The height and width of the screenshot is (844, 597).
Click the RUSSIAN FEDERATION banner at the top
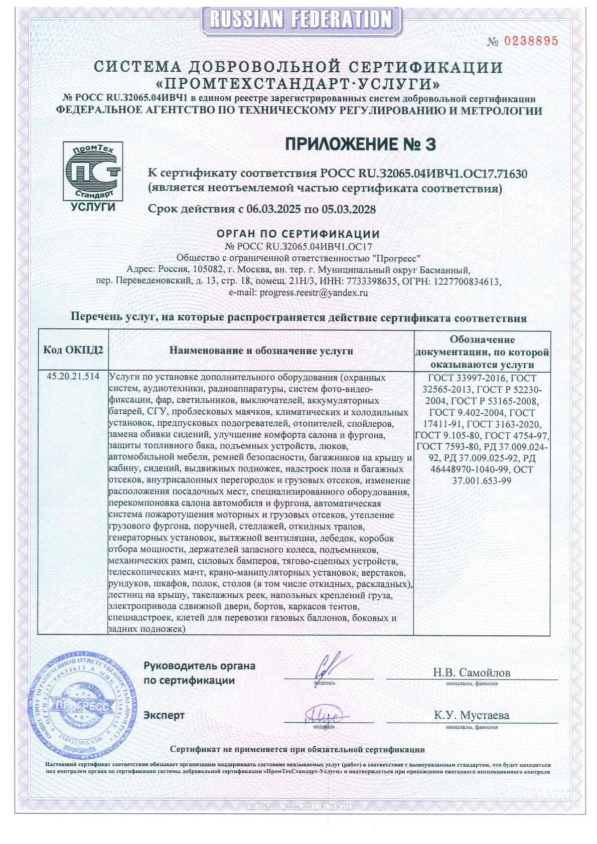(x=300, y=20)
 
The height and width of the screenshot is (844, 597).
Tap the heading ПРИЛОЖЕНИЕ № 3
(x=360, y=144)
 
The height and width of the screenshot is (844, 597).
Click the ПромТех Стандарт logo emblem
(x=92, y=171)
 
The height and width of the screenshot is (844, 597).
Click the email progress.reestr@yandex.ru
(x=314, y=292)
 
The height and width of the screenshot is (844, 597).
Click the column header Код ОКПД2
(x=73, y=350)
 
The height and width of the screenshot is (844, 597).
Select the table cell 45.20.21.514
(x=73, y=377)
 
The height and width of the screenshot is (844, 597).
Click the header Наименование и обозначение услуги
(x=261, y=351)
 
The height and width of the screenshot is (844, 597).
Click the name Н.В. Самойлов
(x=472, y=672)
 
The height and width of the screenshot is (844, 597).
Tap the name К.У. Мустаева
(x=472, y=715)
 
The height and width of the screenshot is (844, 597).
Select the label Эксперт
(x=164, y=715)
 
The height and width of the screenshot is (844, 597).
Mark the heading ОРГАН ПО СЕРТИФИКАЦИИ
(x=298, y=234)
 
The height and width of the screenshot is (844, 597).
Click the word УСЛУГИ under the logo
(x=93, y=207)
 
